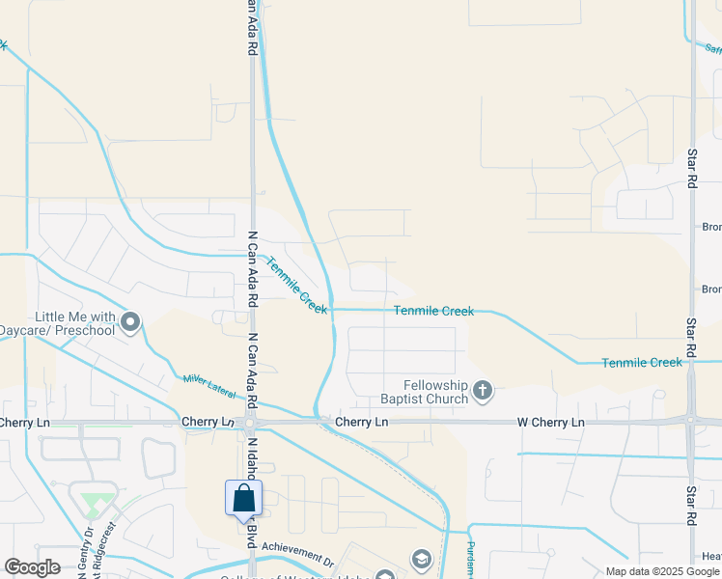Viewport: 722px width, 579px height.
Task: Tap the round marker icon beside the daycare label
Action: tap(131, 322)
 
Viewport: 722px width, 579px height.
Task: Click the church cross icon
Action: tap(483, 392)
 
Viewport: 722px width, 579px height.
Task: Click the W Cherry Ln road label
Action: tap(550, 423)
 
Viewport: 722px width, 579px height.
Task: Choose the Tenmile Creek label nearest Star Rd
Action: tap(642, 362)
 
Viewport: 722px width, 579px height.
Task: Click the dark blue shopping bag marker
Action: tap(244, 498)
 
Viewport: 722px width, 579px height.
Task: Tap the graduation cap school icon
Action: tap(420, 559)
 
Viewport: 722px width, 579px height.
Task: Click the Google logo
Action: tap(32, 567)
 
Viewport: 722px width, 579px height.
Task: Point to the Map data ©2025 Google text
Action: tap(663, 571)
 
